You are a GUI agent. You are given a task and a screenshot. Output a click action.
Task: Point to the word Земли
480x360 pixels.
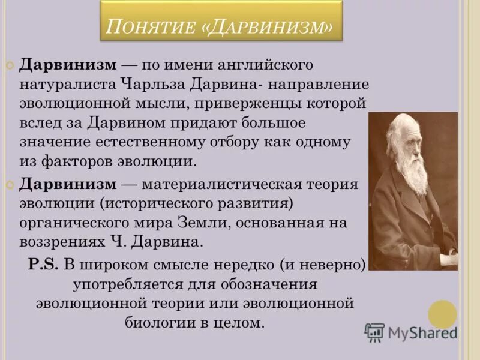[190, 223]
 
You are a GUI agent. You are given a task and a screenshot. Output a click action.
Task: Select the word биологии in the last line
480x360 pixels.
[157, 322]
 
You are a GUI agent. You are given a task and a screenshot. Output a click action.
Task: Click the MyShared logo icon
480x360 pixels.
[374, 332]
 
